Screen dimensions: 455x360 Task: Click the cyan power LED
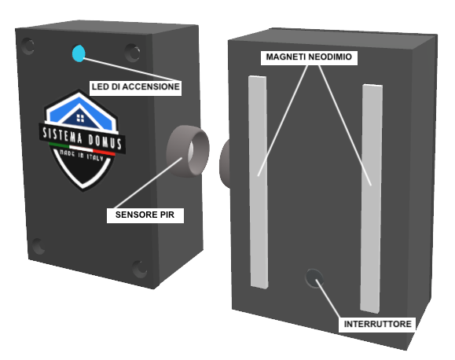pyautogui.click(x=79, y=53)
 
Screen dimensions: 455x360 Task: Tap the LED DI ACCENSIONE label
pyautogui.click(x=135, y=86)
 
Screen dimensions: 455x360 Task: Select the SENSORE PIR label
pyautogui.click(x=145, y=215)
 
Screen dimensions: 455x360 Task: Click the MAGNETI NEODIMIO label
pyautogui.click(x=309, y=57)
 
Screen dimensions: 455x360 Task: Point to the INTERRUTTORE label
pyautogui.click(x=377, y=324)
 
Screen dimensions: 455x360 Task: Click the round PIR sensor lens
pyautogui.click(x=188, y=151)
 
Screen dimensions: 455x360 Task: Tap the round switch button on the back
pyautogui.click(x=314, y=277)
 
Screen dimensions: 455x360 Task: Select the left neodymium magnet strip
pyautogui.click(x=259, y=182)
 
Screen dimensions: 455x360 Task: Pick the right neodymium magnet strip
pyautogui.click(x=371, y=199)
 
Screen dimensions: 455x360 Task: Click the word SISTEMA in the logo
pyautogui.click(x=62, y=136)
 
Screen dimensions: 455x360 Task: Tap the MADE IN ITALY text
pyautogui.click(x=81, y=156)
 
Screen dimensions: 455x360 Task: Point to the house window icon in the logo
pyautogui.click(x=80, y=118)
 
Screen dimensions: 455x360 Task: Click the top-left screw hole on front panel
pyautogui.click(x=28, y=46)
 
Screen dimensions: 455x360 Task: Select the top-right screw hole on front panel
pyautogui.click(x=133, y=53)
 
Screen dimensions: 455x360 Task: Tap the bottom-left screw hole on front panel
pyautogui.click(x=38, y=246)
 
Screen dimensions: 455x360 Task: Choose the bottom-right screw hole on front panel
pyautogui.click(x=140, y=269)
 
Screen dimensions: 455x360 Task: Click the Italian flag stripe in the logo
pyautogui.click(x=82, y=149)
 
